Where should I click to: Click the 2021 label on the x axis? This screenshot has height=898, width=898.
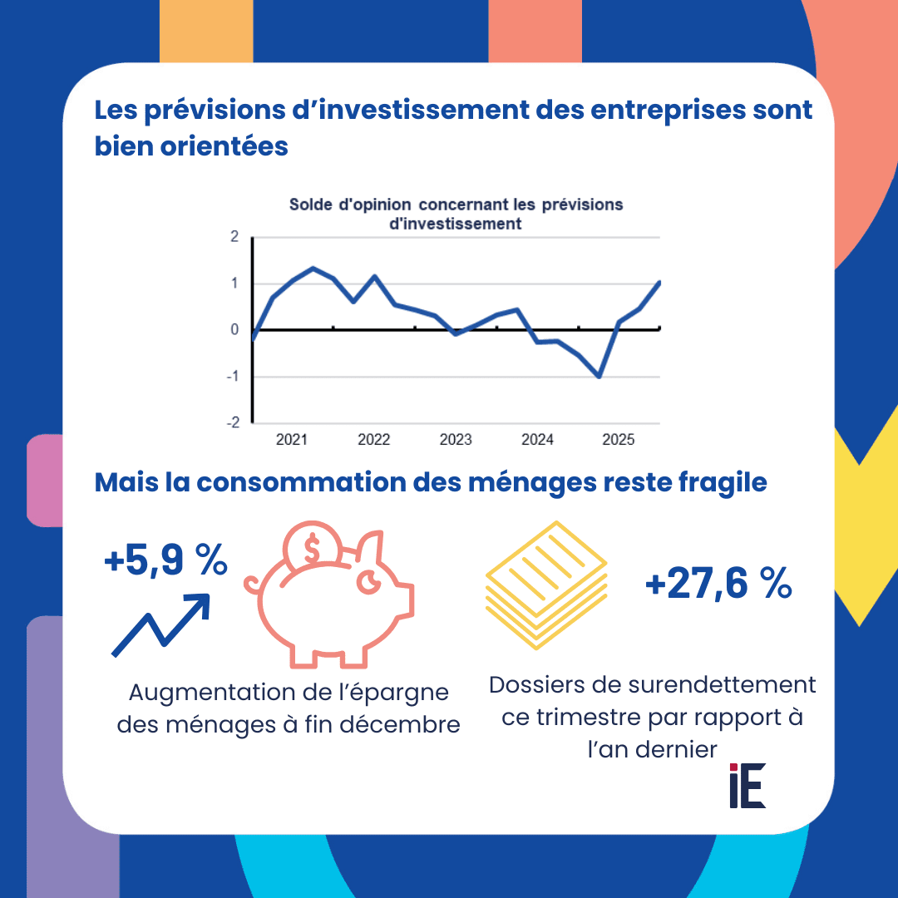click(292, 440)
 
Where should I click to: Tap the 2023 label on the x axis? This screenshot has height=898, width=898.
click(456, 440)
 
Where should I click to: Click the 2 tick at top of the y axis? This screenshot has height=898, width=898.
click(234, 237)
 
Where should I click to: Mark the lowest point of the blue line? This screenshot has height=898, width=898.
click(599, 377)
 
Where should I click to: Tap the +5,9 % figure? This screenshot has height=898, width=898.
click(166, 562)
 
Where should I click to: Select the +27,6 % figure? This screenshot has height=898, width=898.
click(718, 585)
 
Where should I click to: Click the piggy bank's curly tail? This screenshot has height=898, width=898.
click(252, 585)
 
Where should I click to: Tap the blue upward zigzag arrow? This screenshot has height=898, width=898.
click(161, 624)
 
